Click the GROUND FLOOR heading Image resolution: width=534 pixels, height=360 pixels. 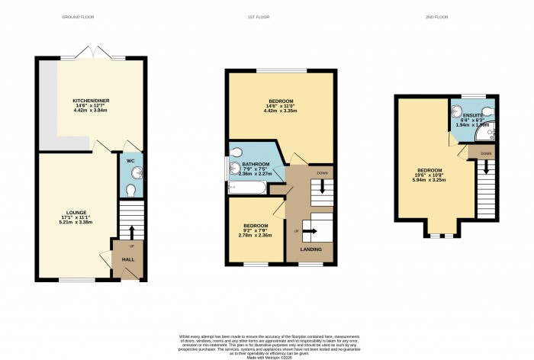(x=89, y=18)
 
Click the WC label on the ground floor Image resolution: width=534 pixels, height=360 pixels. (x=130, y=161)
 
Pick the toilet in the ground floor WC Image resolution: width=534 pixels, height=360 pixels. (x=131, y=189)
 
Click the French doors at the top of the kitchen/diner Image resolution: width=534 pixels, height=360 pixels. (x=92, y=53)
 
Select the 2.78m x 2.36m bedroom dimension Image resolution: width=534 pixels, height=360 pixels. (x=256, y=235)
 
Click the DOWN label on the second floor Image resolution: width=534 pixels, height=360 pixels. (x=486, y=154)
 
